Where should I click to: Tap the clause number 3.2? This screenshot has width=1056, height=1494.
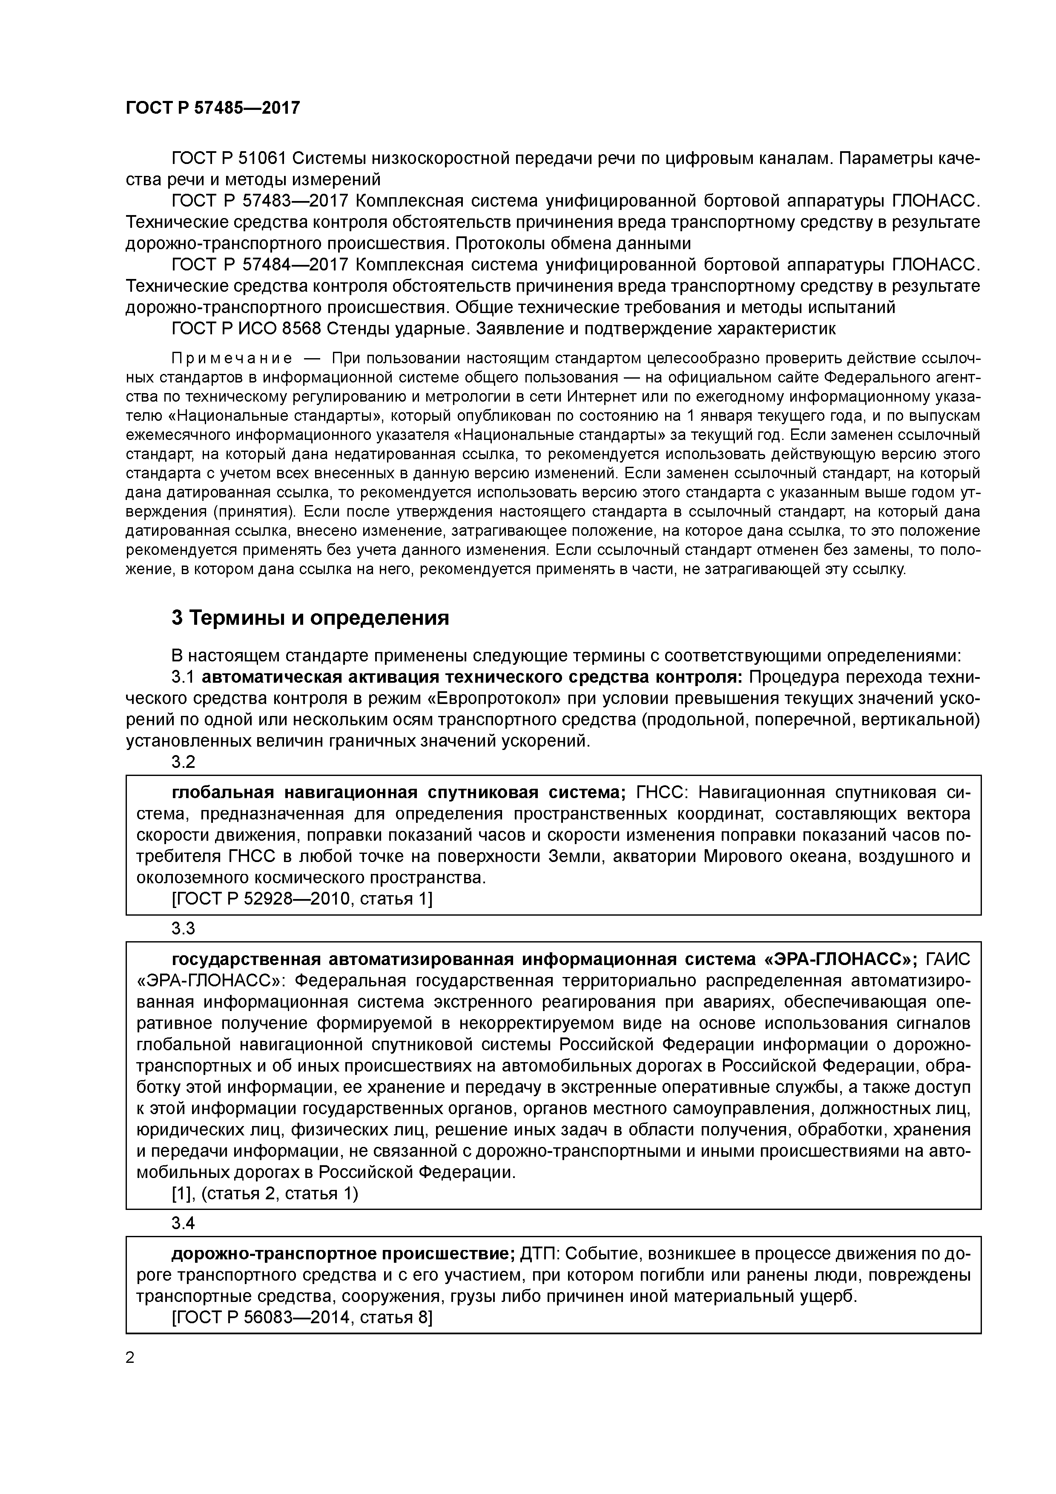coord(184,762)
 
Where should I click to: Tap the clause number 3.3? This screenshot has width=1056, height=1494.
coord(184,928)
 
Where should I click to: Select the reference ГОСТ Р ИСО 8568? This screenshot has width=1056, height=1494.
coord(247,329)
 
